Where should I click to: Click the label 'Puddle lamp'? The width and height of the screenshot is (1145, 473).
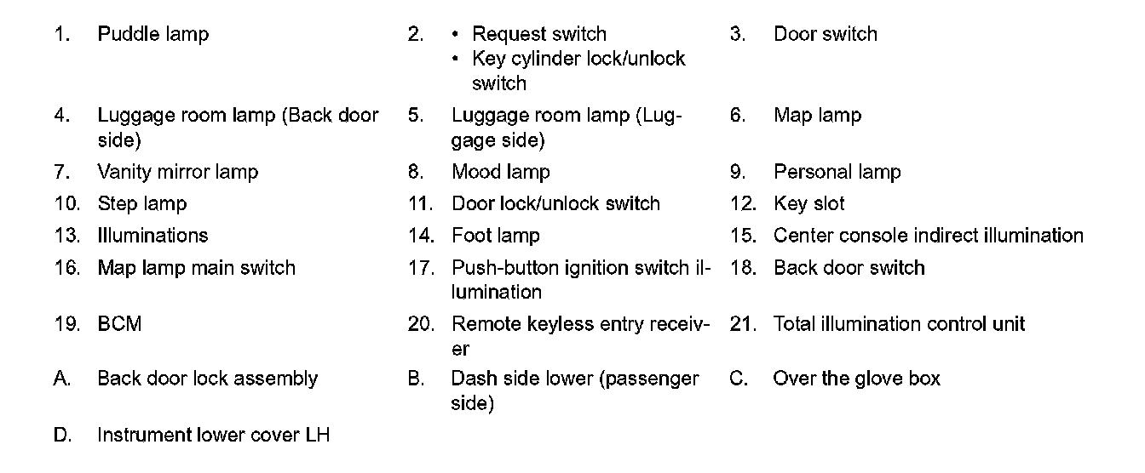pyautogui.click(x=153, y=34)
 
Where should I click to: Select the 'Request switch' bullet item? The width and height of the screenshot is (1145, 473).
pyautogui.click(x=538, y=34)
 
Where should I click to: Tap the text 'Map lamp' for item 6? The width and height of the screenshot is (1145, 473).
pyautogui.click(x=817, y=115)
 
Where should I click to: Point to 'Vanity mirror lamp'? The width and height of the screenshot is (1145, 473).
pyautogui.click(x=177, y=172)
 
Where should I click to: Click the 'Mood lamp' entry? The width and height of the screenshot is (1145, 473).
pyautogui.click(x=500, y=172)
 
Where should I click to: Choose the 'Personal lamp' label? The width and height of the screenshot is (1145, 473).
pyautogui.click(x=837, y=172)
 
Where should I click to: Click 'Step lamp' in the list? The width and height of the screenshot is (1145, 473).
pyautogui.click(x=141, y=204)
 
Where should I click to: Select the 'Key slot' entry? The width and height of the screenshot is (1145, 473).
pyautogui.click(x=808, y=204)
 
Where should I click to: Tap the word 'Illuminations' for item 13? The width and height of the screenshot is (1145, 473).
pyautogui.click(x=152, y=236)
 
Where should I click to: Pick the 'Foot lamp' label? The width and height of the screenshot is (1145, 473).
pyautogui.click(x=495, y=236)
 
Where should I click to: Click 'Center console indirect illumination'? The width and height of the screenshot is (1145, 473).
pyautogui.click(x=928, y=236)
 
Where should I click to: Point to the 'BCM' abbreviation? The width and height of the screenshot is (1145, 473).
pyautogui.click(x=119, y=324)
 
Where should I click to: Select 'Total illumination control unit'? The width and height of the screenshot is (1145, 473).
pyautogui.click(x=899, y=324)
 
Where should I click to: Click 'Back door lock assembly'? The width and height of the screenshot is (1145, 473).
pyautogui.click(x=207, y=379)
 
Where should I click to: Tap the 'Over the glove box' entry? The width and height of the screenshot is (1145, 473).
pyautogui.click(x=856, y=379)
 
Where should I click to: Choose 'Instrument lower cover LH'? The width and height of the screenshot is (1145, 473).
pyautogui.click(x=213, y=436)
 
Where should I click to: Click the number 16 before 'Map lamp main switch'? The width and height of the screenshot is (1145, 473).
pyautogui.click(x=66, y=268)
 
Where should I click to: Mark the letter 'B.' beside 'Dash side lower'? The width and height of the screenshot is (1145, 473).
pyautogui.click(x=416, y=379)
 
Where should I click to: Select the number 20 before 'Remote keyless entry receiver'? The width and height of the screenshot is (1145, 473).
pyautogui.click(x=421, y=324)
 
